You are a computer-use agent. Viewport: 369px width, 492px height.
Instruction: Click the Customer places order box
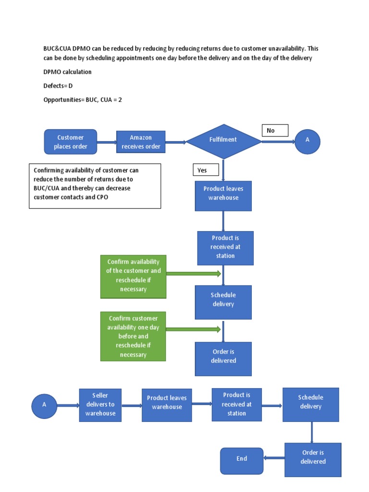pos(71,142)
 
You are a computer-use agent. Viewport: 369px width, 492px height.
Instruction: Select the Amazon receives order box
pos(141,142)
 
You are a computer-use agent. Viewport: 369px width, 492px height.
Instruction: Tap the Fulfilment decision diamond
pos(223,140)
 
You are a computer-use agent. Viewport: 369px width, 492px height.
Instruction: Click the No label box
pos(275,130)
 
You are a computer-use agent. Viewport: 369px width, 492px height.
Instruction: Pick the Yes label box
pos(206,170)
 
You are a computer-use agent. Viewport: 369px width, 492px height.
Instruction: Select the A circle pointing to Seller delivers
pos(44,405)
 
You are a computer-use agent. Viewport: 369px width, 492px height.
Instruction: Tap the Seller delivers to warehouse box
pos(100,405)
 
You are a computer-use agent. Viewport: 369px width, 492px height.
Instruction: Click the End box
pos(242,460)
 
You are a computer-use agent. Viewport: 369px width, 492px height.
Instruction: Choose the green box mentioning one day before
pos(133,336)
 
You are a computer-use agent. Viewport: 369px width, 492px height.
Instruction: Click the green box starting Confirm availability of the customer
pos(133,277)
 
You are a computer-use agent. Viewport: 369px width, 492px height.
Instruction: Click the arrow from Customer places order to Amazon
pos(107,142)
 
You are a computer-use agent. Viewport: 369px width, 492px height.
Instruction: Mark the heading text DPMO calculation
pos(67,72)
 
